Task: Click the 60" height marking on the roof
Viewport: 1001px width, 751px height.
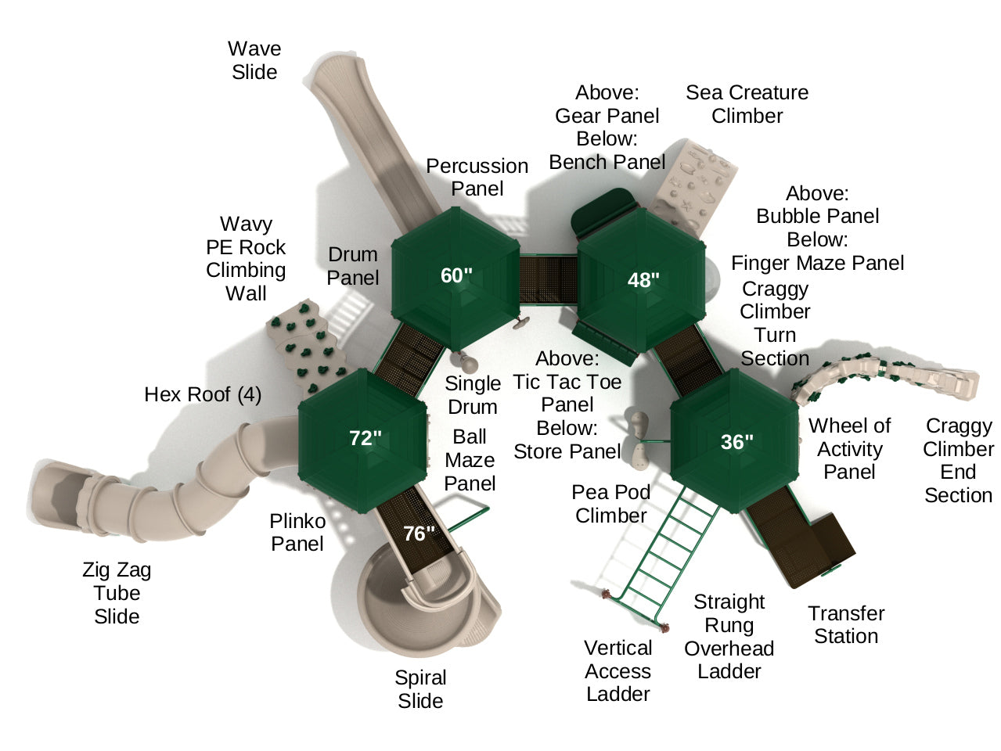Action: coord(456,275)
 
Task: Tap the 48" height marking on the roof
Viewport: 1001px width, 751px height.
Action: coord(643,280)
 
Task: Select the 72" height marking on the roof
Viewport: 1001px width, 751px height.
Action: coord(365,438)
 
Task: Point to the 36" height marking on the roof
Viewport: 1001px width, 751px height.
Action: coord(736,441)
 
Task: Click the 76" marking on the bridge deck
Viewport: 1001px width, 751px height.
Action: coord(419,534)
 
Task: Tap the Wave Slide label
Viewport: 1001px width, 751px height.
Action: coord(254,60)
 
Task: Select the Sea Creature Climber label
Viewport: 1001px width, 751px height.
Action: coord(747,104)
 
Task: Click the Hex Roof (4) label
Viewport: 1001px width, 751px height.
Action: coord(203,394)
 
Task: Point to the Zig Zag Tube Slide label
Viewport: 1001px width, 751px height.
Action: coord(117,593)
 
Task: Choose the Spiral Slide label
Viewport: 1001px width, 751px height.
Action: coord(420,689)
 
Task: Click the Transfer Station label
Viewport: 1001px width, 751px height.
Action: coord(846,625)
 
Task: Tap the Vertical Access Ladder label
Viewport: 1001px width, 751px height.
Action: coord(618,670)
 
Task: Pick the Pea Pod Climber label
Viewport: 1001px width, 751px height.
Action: coord(610,504)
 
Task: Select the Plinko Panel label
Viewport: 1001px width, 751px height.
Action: coord(297,532)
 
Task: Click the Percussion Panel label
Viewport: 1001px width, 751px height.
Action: coord(477,178)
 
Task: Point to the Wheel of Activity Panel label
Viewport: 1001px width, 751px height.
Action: coord(849,449)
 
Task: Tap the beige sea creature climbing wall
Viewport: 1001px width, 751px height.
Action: coord(691,188)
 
